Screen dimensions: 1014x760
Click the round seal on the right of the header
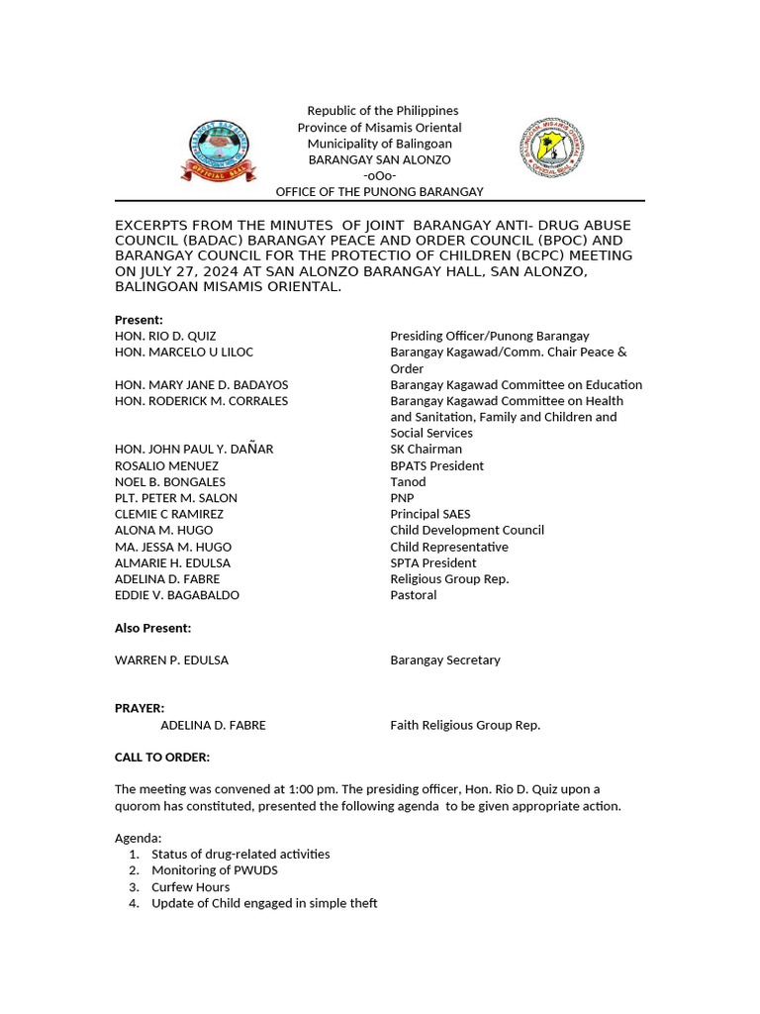(551, 148)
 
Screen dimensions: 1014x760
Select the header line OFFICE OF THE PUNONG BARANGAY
(379, 191)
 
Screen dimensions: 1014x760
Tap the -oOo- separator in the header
(379, 175)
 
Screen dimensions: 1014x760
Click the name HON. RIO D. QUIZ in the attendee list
(165, 337)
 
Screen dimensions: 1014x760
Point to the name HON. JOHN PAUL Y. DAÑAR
(194, 450)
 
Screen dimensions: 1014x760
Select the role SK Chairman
(426, 450)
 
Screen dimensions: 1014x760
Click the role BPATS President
(436, 465)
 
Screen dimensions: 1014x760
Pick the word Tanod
(408, 482)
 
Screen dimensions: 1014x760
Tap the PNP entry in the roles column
(402, 498)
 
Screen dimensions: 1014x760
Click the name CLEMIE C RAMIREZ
(169, 514)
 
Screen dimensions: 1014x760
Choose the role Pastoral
(413, 595)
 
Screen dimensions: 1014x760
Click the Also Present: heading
(152, 628)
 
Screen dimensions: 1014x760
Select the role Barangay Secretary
(445, 660)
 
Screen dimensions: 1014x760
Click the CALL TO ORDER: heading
(162, 758)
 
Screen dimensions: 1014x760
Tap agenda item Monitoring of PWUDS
(215, 870)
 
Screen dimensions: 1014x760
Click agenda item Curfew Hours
(190, 887)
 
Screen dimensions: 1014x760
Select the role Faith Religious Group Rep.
(465, 725)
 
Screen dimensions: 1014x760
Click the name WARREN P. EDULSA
(171, 660)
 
